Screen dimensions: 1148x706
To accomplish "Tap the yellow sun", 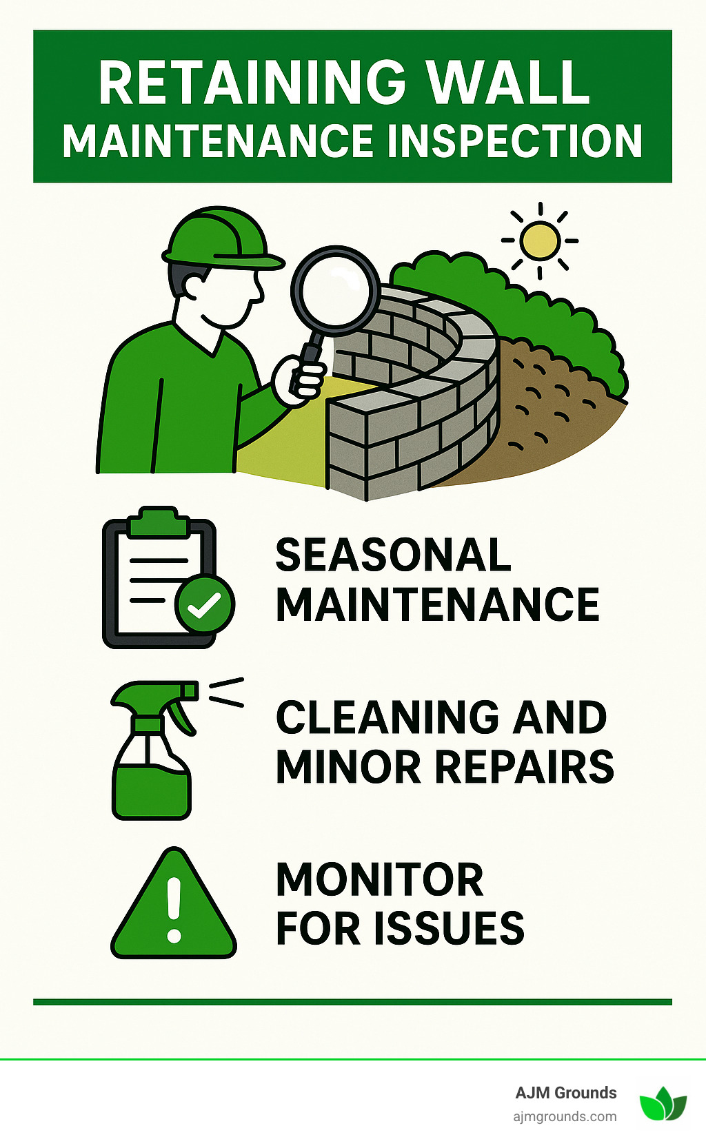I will click(x=539, y=241).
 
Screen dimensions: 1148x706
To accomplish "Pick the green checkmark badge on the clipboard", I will click(x=204, y=604).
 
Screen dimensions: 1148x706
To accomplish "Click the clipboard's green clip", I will click(x=159, y=522).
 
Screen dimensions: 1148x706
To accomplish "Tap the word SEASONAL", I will click(x=393, y=555).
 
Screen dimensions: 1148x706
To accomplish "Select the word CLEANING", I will click(x=387, y=717).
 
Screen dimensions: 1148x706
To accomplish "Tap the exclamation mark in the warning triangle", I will click(x=174, y=910).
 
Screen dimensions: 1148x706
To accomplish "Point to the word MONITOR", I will click(x=380, y=880).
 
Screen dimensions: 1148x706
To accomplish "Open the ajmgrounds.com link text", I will click(x=565, y=1116).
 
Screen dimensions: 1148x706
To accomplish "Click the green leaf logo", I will click(x=663, y=1104).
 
